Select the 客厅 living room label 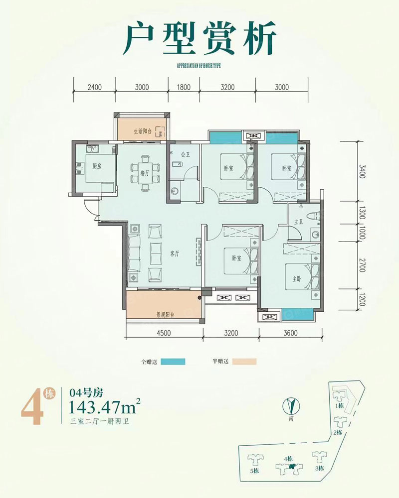174,253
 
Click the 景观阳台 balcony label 165,314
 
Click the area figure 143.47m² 104,408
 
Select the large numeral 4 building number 30,409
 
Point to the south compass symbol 290,404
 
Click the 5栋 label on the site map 254,471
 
